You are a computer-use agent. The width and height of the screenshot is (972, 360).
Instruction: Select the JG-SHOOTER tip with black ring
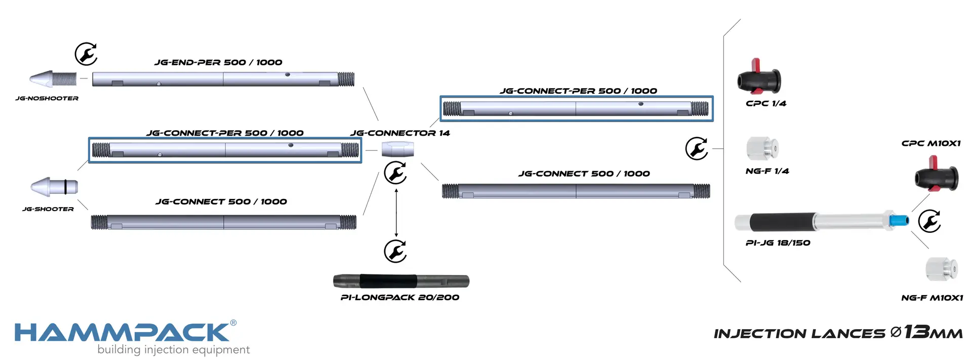(x=54, y=186)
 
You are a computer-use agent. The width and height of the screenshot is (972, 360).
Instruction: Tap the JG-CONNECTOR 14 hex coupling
(x=397, y=149)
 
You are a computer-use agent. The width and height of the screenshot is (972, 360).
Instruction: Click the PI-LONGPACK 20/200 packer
(x=401, y=281)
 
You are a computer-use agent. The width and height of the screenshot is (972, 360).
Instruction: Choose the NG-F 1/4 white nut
(x=762, y=148)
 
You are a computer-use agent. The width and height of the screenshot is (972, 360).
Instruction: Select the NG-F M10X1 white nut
(x=942, y=269)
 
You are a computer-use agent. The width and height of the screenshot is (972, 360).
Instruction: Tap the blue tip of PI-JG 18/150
(x=899, y=220)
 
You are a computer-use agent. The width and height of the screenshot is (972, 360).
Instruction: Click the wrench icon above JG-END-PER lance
(x=86, y=54)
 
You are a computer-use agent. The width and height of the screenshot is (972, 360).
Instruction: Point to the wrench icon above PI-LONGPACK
(x=395, y=251)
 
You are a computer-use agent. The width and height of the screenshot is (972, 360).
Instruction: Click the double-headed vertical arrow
(x=396, y=213)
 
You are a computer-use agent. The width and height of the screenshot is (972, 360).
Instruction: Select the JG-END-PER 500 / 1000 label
(x=218, y=62)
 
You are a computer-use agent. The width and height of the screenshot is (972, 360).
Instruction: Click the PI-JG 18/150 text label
(x=778, y=243)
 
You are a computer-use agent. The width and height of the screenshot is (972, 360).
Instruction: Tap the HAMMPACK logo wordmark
(x=122, y=332)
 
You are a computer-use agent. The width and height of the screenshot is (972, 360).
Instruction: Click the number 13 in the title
(x=917, y=332)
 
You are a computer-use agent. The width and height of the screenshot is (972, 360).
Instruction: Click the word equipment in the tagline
(x=223, y=350)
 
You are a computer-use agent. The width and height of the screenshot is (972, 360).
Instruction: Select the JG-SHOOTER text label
(x=48, y=209)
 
